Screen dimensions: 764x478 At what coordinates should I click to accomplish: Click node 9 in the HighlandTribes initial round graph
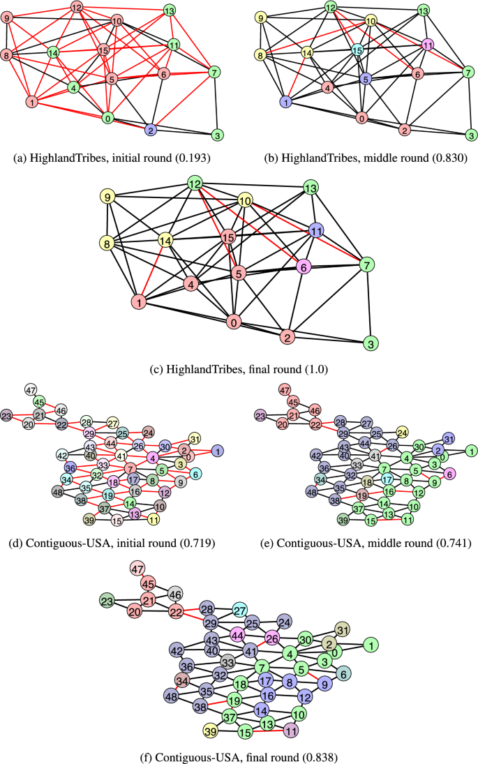8,17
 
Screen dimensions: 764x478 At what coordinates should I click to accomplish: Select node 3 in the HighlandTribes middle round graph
470,135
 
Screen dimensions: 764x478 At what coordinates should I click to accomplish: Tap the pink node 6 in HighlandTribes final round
302,267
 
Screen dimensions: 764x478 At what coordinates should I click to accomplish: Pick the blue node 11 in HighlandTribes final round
316,230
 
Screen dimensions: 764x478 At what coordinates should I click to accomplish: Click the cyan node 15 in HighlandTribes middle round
357,50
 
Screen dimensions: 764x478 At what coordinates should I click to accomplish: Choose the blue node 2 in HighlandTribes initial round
150,130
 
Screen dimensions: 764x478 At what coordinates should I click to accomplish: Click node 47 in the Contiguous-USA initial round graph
30,389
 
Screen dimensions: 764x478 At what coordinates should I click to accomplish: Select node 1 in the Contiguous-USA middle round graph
470,451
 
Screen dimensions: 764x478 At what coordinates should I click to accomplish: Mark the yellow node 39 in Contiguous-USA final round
209,731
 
